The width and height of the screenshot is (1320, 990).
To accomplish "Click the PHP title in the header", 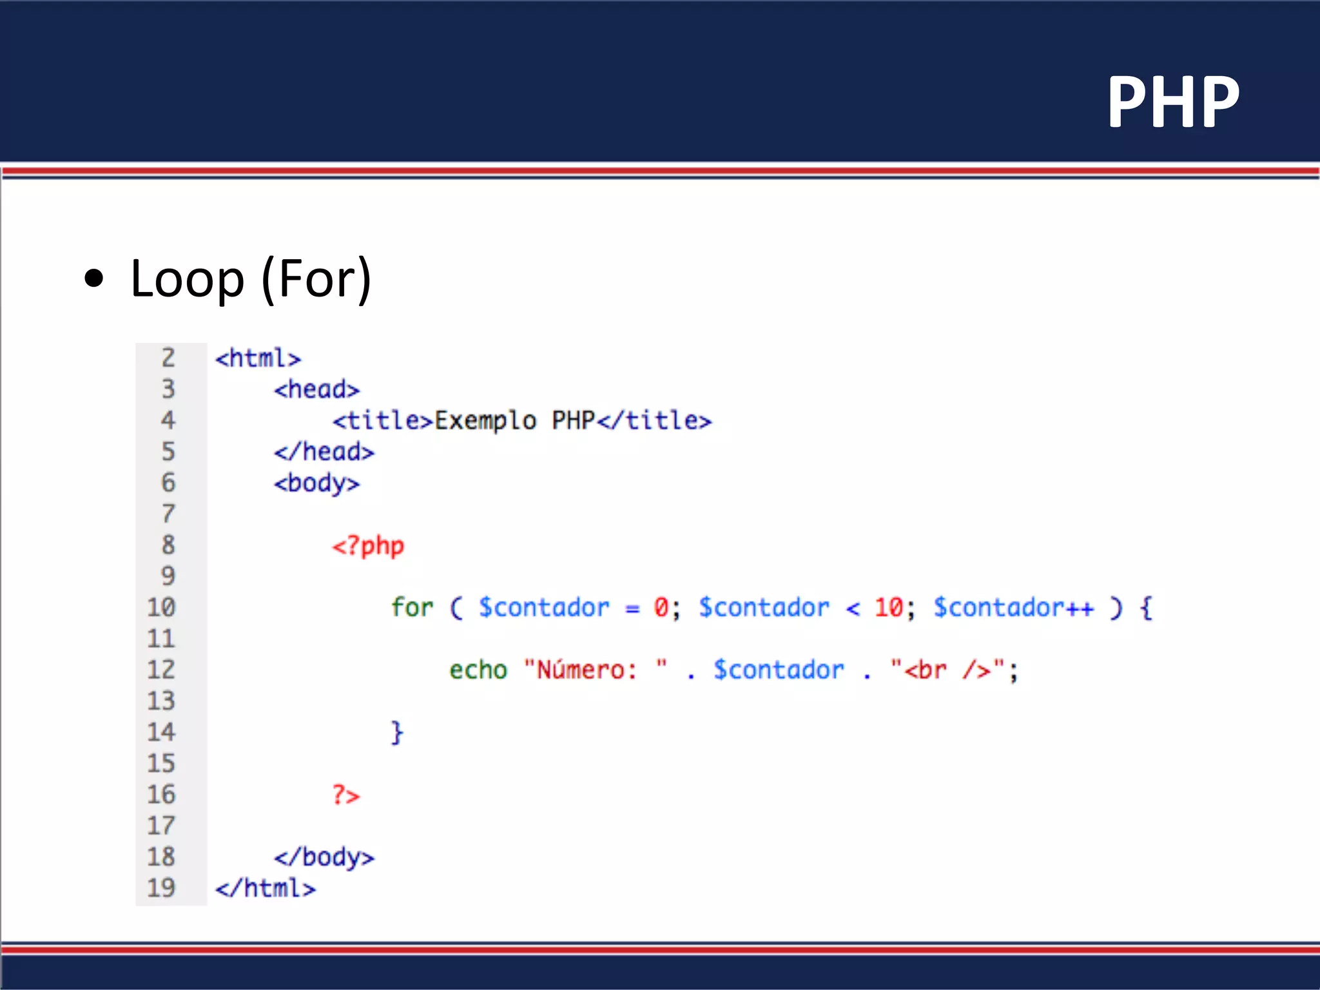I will click(1173, 102).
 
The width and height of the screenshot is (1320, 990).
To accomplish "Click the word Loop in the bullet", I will click(187, 280).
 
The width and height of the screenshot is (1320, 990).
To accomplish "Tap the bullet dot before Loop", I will click(94, 278).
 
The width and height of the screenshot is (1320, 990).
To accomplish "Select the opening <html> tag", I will click(258, 358).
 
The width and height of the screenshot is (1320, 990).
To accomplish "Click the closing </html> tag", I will click(266, 888).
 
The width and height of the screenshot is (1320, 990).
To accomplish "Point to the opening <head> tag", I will click(316, 389).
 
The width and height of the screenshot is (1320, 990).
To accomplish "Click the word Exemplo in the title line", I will click(485, 421).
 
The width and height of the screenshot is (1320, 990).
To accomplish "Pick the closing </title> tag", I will click(654, 421).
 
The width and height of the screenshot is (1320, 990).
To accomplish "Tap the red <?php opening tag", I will click(368, 546).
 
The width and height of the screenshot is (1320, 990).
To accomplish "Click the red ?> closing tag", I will click(346, 795).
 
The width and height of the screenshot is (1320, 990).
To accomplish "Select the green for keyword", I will click(412, 608).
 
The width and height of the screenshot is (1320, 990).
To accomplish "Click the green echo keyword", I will click(478, 670).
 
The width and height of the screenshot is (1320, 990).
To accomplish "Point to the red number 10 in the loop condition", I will click(888, 608).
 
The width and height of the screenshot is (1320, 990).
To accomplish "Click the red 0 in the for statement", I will click(661, 608).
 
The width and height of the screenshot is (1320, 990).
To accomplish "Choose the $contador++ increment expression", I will click(1013, 608).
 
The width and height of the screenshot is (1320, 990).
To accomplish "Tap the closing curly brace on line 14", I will click(397, 733).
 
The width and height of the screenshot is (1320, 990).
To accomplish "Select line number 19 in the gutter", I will click(161, 888).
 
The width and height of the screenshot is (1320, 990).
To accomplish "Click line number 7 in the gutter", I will click(168, 514).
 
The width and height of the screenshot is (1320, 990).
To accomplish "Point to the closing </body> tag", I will click(324, 857).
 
